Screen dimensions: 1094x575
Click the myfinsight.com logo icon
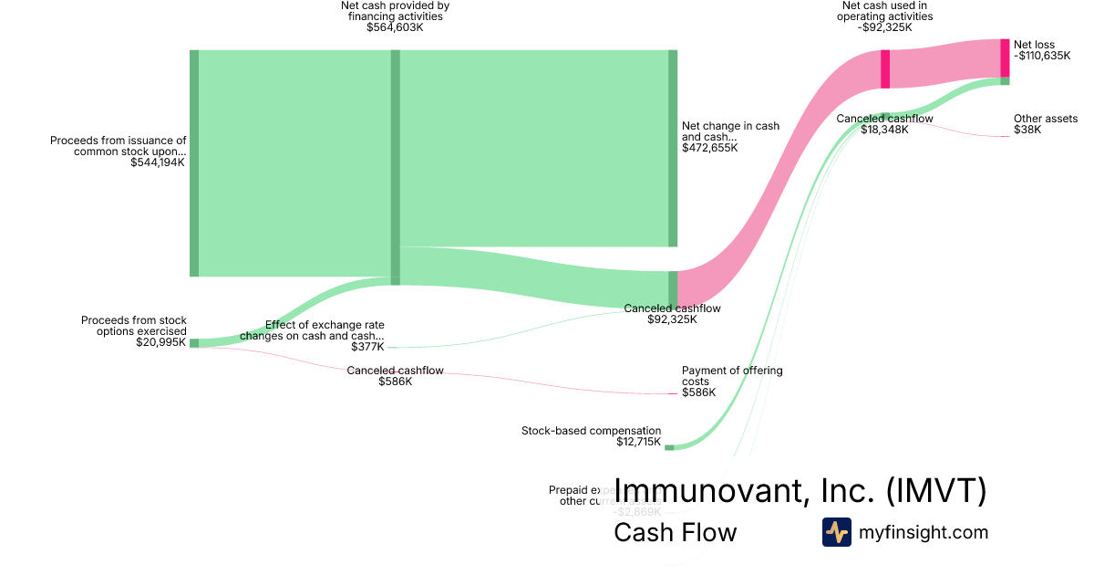[836, 532]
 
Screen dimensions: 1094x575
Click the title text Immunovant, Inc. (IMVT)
[800, 490]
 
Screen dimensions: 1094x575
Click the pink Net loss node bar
[1005, 58]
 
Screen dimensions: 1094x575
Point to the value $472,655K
[709, 148]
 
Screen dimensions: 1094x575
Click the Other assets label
[1045, 119]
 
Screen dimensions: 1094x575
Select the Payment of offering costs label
[732, 376]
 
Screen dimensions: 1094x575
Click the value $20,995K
[160, 342]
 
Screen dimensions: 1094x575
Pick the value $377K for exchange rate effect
[367, 347]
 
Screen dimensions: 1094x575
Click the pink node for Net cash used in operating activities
[885, 69]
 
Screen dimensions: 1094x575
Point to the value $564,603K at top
[395, 27]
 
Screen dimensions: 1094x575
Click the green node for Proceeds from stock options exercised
[194, 343]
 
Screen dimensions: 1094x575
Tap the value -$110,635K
[1042, 56]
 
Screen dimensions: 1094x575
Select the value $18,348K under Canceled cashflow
[884, 130]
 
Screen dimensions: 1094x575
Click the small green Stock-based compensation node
[669, 447]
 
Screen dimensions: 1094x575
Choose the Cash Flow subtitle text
[675, 532]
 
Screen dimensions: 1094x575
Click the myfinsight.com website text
[923, 532]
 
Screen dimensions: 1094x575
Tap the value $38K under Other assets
[1027, 131]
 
